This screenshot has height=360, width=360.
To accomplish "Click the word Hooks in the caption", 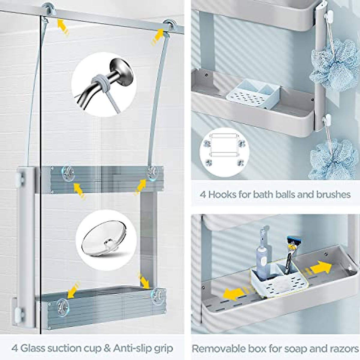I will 221,194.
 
